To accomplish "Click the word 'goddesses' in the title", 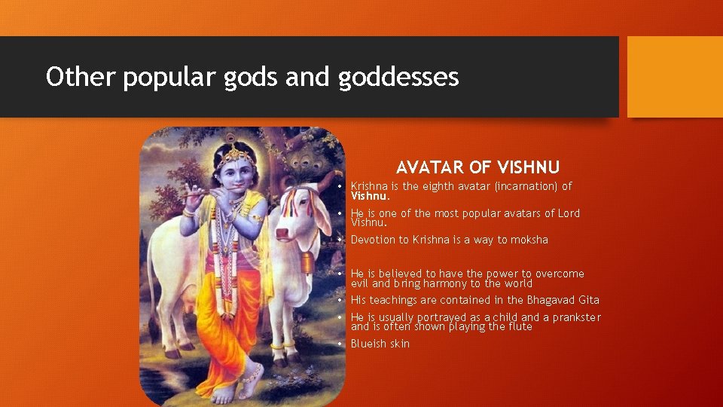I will [398, 77].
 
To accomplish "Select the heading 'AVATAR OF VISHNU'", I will [477, 167].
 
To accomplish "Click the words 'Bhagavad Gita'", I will [563, 300].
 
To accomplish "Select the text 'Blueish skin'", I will [380, 344].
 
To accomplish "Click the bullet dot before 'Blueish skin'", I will [341, 344].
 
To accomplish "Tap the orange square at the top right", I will [675, 77].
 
